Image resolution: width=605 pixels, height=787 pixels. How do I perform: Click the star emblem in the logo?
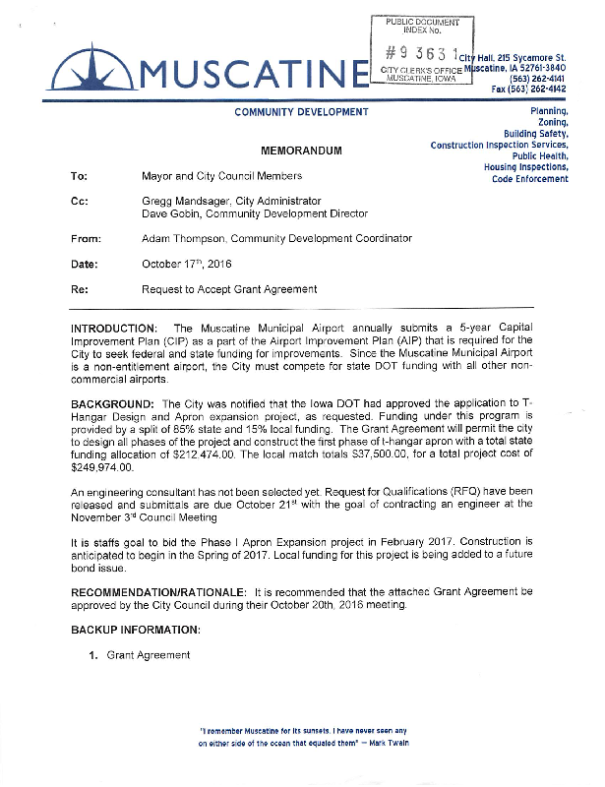pyautogui.click(x=92, y=70)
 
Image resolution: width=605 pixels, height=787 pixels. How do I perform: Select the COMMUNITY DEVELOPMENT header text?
pyautogui.click(x=302, y=112)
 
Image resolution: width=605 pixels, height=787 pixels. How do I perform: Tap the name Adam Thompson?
pyautogui.click(x=183, y=239)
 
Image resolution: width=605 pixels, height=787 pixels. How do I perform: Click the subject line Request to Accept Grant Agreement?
pyautogui.click(x=229, y=289)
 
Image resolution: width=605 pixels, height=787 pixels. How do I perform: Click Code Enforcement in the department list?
pyautogui.click(x=530, y=179)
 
